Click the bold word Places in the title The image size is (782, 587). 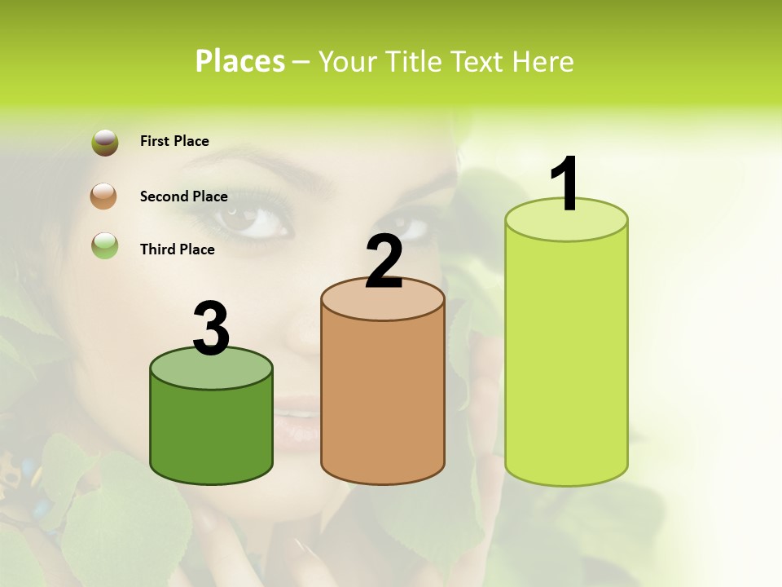pos(240,61)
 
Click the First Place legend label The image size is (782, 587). pos(174,141)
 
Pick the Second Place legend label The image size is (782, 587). pos(183,196)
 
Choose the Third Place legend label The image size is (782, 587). pos(177,249)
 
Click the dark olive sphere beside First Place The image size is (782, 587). pos(105,143)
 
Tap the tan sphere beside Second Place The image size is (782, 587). pos(103,196)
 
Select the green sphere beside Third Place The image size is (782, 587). pos(105,245)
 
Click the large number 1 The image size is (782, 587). pos(565,184)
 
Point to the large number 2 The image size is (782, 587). pos(384,263)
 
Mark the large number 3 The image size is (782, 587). pos(211,329)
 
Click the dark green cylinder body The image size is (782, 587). pos(211,432)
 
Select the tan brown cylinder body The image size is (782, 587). pos(383,399)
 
